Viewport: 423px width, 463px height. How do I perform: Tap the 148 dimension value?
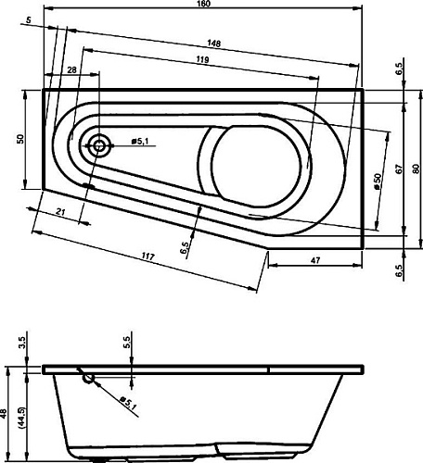tap(214, 44)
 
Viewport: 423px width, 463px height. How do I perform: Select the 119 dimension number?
tap(202, 59)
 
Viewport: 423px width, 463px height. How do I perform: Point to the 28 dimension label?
tap(71, 70)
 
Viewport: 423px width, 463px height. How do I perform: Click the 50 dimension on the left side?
tap(20, 139)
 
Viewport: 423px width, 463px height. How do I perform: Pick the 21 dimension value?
tap(61, 212)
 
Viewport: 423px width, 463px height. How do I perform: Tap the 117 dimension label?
tap(148, 257)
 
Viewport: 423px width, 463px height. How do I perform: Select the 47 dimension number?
tap(315, 260)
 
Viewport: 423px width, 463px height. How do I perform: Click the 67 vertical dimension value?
tap(400, 169)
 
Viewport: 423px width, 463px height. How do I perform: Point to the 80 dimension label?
tap(417, 169)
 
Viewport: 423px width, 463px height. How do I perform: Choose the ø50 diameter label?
tap(378, 181)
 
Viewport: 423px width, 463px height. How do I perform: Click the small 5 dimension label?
tap(29, 20)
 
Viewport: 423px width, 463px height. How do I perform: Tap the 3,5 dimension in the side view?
tap(22, 343)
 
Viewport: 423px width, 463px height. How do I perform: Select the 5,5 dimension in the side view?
tap(127, 343)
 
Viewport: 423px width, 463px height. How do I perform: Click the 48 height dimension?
tap(4, 413)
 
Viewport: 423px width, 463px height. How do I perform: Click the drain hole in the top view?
tap(99, 145)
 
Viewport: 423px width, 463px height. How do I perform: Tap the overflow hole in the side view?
tap(88, 378)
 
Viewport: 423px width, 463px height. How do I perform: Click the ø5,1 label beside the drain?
tap(140, 142)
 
